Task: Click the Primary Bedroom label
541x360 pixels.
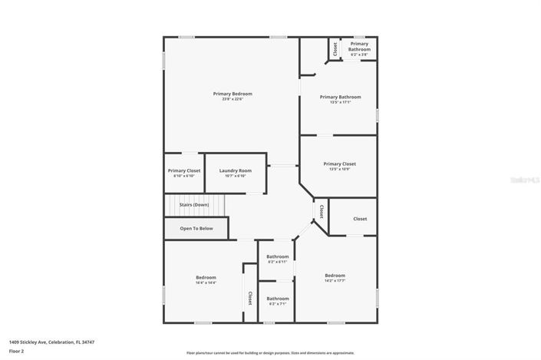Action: [233, 94]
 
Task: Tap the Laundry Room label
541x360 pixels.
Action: [235, 170]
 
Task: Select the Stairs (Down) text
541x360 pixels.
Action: [194, 205]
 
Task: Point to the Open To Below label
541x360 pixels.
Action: [196, 228]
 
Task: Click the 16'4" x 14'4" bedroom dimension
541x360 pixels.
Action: [206, 282]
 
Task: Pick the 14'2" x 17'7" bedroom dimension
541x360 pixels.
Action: [335, 281]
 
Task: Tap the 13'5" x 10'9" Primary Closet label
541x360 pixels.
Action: [339, 163]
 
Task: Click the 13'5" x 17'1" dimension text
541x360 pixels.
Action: [340, 102]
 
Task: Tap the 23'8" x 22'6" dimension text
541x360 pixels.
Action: [233, 99]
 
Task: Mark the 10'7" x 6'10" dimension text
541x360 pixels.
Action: [235, 176]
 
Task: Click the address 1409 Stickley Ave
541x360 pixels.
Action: [51, 342]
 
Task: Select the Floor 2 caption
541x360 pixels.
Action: [16, 351]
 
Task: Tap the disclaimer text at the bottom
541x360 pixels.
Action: [270, 353]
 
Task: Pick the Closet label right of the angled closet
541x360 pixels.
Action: [360, 219]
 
